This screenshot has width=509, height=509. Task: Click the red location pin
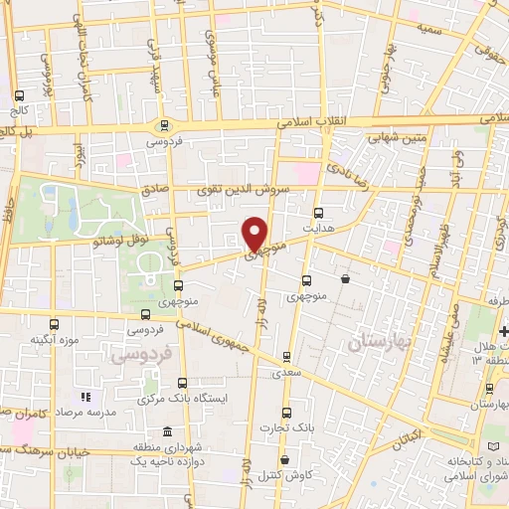tap(255, 233)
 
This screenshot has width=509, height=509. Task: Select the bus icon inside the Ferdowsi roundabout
tap(164, 125)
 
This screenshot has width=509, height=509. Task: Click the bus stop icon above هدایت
tap(318, 212)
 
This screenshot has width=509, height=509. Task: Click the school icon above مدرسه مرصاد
tap(84, 397)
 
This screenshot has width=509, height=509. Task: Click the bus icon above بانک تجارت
tap(286, 413)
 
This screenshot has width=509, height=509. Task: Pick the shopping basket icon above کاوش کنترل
tap(285, 460)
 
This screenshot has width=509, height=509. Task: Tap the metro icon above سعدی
tap(286, 355)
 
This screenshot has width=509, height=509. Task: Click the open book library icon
tap(495, 443)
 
